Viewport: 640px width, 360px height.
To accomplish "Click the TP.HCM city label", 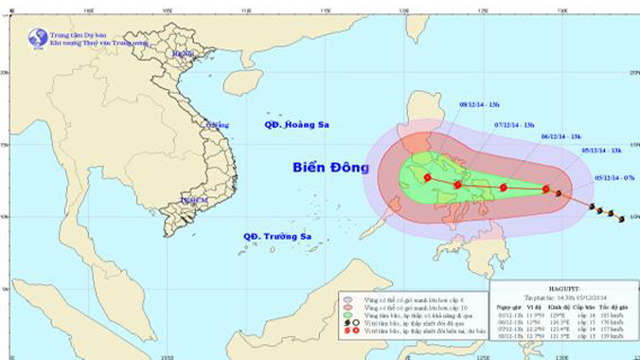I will point(194,201).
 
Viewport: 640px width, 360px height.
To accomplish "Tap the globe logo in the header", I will point(38,38).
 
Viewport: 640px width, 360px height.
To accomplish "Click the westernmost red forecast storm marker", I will point(428,177).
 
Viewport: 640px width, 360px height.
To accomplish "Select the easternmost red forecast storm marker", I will point(546,189).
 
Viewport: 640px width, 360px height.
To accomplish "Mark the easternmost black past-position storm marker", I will point(621,218).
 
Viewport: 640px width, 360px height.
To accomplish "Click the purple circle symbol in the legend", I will point(345,297).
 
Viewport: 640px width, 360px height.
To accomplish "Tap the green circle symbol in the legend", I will point(345,315).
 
